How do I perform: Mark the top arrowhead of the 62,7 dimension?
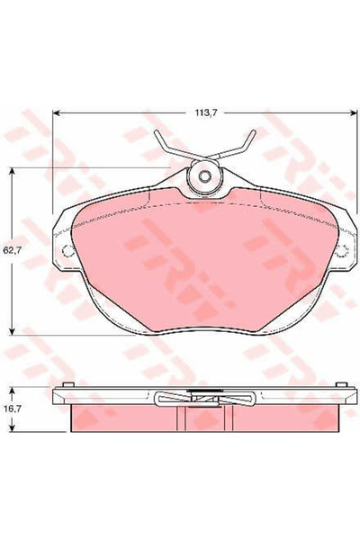tap(11, 168)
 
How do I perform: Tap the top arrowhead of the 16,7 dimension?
tap(11, 388)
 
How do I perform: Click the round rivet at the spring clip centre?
tap(204, 176)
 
